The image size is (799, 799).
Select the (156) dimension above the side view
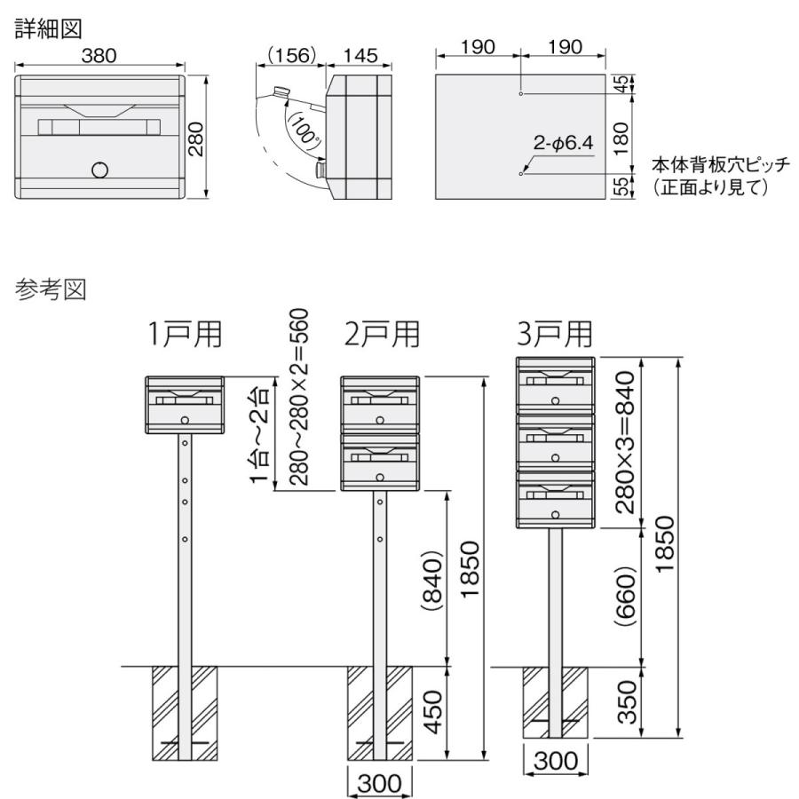pyautogui.click(x=290, y=55)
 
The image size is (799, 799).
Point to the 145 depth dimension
pyautogui.click(x=359, y=55)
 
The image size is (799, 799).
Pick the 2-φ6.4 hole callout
pyautogui.click(x=563, y=142)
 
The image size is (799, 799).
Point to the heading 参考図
pyautogui.click(x=49, y=290)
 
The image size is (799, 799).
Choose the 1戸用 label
pyautogui.click(x=186, y=335)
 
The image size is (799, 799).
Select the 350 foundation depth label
pyautogui.click(x=628, y=701)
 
